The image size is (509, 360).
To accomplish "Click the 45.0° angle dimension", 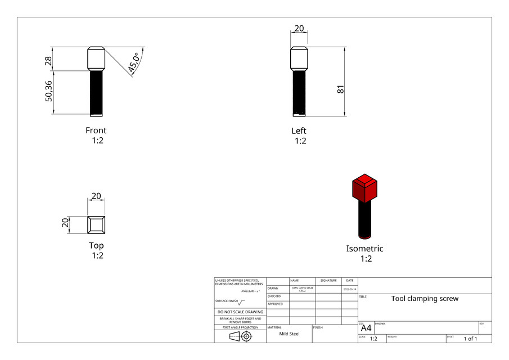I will tap(134, 62).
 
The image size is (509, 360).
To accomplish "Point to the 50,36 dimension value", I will tap(48, 92).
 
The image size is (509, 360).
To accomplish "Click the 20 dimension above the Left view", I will tap(299, 29).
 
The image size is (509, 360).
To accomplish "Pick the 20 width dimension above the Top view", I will tap(96, 196).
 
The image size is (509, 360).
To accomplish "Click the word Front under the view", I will tap(96, 130).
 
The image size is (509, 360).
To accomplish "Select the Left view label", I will tap(299, 130).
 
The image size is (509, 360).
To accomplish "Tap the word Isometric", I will tap(364, 248).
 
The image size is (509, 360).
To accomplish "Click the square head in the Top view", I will tap(96, 225).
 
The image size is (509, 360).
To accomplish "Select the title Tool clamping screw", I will tap(425, 299).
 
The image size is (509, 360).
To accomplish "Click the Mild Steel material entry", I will tap(289, 334).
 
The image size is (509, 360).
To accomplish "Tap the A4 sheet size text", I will tap(366, 328).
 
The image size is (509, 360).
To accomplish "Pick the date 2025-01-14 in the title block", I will tap(349, 289).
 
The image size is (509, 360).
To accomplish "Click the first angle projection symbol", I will tap(240, 336).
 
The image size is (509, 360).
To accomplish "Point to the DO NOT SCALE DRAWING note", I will tap(240, 312).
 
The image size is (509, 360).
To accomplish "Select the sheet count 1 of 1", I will tap(470, 339).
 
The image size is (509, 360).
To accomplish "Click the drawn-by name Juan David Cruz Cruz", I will tap(302, 289).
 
